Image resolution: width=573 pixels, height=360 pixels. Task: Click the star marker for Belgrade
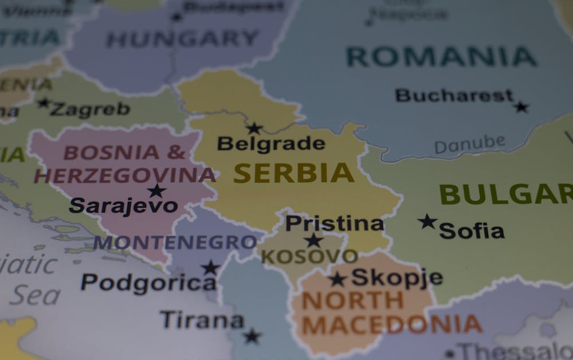click(254, 128)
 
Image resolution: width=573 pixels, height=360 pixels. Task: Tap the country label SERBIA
click(293, 173)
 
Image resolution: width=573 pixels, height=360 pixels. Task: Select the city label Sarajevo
click(123, 205)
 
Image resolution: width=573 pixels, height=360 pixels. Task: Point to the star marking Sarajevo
click(156, 191)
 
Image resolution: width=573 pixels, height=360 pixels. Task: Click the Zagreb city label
click(90, 109)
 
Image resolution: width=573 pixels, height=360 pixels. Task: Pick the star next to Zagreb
click(44, 103)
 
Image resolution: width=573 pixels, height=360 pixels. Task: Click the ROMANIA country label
click(441, 56)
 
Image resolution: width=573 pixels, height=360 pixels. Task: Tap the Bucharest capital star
click(521, 107)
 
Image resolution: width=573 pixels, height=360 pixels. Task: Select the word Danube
click(470, 144)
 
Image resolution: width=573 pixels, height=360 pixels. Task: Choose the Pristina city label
click(334, 224)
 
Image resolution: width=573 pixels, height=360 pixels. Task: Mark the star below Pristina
click(313, 240)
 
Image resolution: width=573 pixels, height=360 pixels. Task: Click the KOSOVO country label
click(309, 256)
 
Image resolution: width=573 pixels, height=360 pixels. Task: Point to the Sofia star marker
click(427, 221)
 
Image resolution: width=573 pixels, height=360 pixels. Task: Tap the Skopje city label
click(397, 277)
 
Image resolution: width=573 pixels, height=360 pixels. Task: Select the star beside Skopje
click(337, 279)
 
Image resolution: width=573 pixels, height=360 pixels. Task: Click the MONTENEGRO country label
click(175, 242)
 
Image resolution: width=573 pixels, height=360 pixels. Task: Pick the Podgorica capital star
click(210, 267)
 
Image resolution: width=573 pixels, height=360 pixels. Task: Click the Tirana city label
click(202, 320)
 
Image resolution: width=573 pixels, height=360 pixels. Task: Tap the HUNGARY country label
click(182, 39)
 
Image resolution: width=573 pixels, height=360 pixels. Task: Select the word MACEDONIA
click(392, 324)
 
